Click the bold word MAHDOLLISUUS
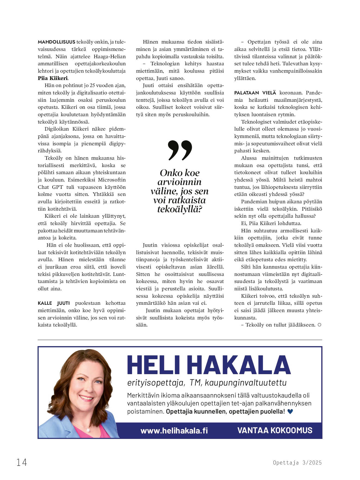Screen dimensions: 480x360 (x=56, y=42)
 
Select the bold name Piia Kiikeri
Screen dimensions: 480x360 (x=53, y=78)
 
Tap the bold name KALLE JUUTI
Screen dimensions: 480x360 (x=54, y=303)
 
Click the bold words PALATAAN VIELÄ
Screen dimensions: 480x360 (x=255, y=93)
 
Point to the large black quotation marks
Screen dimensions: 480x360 (x=180, y=150)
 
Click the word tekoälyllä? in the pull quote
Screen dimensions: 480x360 (x=180, y=209)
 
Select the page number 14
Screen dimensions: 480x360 (x=22, y=462)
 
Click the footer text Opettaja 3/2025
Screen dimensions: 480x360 (x=297, y=463)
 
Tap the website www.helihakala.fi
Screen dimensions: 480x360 (x=174, y=430)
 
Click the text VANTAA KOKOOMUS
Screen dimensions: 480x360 (x=275, y=430)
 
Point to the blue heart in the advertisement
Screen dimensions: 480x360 (x=290, y=412)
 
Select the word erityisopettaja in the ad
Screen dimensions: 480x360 (x=156, y=383)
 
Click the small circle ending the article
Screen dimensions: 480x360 (x=319, y=325)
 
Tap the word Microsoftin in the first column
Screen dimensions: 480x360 (x=112, y=180)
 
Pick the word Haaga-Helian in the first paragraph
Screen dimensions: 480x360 (x=110, y=57)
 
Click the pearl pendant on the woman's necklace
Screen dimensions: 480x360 (x=88, y=430)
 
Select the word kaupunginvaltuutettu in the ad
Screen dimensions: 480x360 (x=246, y=383)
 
